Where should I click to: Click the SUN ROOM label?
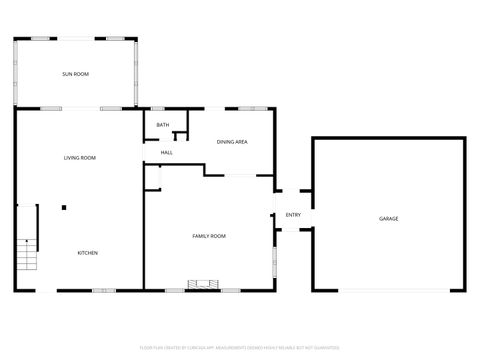point(75,74)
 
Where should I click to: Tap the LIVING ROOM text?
point(80,158)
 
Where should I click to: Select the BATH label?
point(162,125)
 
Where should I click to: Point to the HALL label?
point(166,152)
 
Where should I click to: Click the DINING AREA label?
point(232,142)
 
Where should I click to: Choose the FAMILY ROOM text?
point(209,235)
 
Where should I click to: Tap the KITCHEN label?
point(88,253)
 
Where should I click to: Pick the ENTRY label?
point(293,215)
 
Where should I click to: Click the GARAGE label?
point(388,219)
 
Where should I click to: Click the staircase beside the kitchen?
point(27,257)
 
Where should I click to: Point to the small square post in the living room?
point(64,208)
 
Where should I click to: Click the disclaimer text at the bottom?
point(240,347)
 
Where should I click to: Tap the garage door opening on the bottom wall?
point(388,291)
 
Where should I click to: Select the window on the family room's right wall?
point(275,259)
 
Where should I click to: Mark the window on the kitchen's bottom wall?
point(104,291)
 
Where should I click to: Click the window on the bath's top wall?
point(158,108)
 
